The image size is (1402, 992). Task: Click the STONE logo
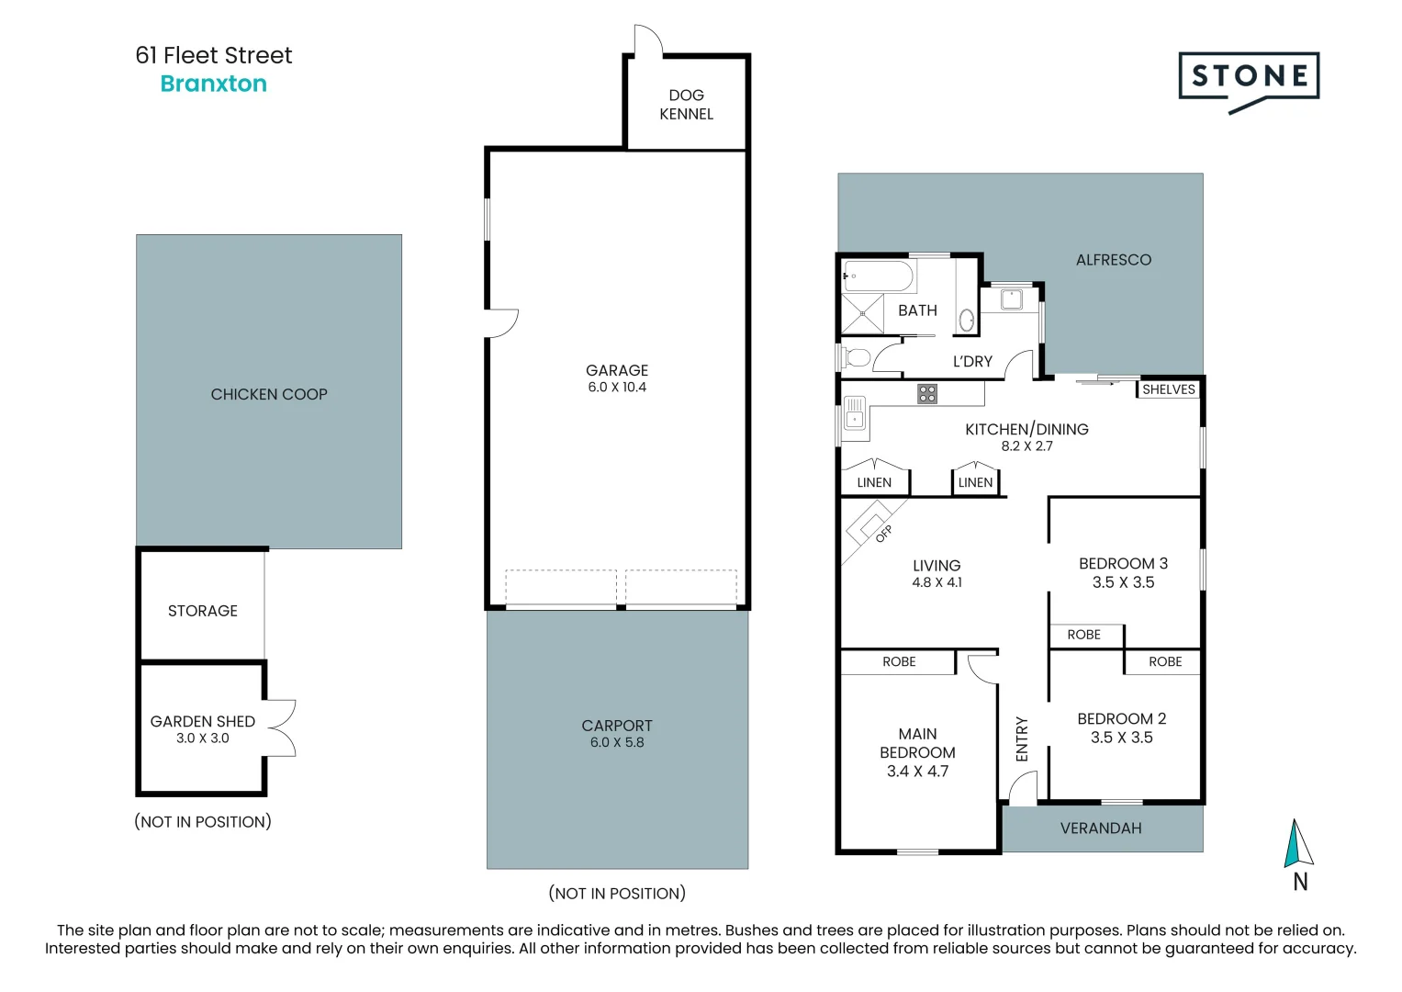click(1249, 77)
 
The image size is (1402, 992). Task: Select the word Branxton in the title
click(213, 84)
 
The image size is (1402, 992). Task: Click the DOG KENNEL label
click(686, 105)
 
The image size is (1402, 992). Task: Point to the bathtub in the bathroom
click(878, 276)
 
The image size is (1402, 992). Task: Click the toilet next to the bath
click(856, 357)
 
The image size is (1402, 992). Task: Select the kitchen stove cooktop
click(927, 394)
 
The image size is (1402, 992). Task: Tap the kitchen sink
click(855, 412)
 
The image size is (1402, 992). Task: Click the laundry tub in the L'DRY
click(1011, 299)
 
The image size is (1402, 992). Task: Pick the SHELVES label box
click(1168, 389)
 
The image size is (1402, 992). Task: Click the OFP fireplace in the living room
click(871, 525)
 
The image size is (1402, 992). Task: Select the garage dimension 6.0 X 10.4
click(617, 388)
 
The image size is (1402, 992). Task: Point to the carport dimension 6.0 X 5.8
click(617, 742)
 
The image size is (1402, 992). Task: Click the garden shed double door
click(280, 727)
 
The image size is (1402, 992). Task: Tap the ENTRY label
click(1022, 738)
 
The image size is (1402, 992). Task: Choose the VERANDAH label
click(1101, 829)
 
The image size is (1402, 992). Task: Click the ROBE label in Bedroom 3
click(1083, 635)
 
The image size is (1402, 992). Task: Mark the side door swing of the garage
click(503, 323)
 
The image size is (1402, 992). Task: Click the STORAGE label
click(203, 611)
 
